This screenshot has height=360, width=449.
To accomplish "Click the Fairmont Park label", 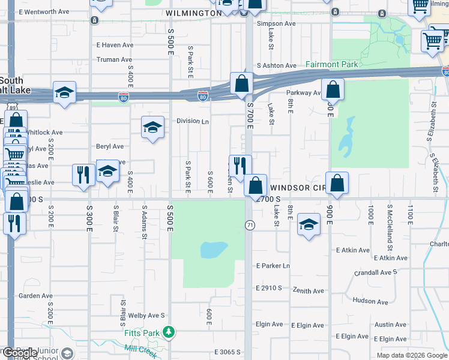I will click(x=331, y=64).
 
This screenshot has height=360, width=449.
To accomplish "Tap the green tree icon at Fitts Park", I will click(x=170, y=332).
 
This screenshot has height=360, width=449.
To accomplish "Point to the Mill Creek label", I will click(x=140, y=350).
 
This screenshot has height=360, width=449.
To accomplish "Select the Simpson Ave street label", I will click(x=276, y=23).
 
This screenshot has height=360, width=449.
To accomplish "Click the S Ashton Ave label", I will click(x=276, y=65).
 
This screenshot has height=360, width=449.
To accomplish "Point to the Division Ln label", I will click(x=192, y=121).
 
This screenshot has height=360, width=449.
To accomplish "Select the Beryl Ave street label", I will click(x=110, y=146).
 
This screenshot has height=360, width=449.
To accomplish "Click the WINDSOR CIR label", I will click(x=297, y=187).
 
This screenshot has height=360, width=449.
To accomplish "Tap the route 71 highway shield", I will click(x=248, y=224).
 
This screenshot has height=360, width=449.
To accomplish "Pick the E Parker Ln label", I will click(x=273, y=266).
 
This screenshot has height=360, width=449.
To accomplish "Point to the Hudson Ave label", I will click(x=367, y=301).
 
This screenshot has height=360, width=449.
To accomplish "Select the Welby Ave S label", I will click(x=146, y=315).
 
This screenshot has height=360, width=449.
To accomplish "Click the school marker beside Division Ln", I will click(x=153, y=128).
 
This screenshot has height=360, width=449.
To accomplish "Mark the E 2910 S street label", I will click(x=268, y=288).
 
